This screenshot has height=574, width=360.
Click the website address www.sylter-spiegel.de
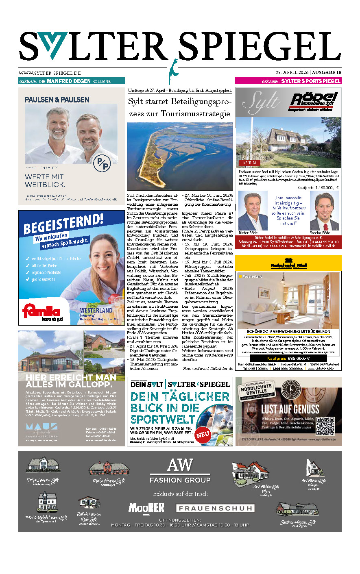50,73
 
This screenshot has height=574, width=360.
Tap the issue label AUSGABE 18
326,73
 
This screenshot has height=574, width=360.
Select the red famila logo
41,312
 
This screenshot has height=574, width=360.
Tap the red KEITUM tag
250,163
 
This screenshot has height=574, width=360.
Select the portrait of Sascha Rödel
324,211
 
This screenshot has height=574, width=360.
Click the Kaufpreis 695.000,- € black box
288,359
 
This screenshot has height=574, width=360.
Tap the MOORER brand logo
146,507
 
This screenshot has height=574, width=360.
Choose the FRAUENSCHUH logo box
215,508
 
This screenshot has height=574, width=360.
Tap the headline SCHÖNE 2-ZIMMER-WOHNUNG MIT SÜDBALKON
288,332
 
